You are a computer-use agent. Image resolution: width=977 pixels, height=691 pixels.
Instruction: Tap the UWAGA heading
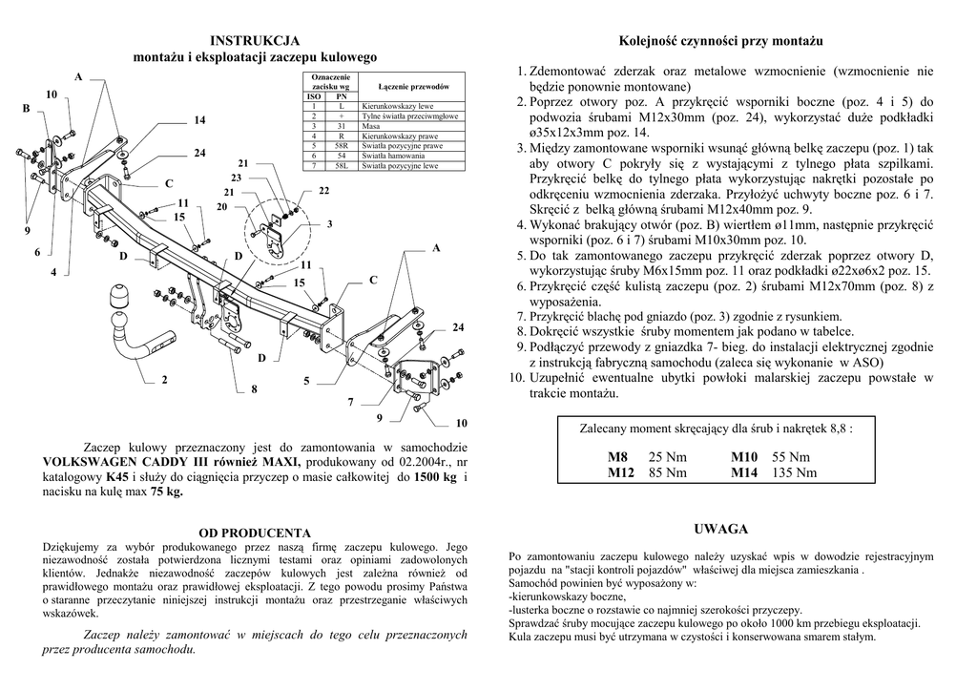[721, 529]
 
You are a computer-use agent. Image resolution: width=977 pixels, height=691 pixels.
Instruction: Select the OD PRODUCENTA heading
[255, 533]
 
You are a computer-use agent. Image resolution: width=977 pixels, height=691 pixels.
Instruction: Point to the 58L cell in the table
[341, 166]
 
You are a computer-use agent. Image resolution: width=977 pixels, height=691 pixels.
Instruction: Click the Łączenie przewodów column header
[413, 87]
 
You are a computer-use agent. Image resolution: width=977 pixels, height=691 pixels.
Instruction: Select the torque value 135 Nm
[795, 472]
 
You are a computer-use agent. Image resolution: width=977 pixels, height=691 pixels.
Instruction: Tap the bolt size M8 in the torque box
[618, 457]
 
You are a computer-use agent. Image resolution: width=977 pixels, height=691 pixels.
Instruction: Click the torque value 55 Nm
[791, 457]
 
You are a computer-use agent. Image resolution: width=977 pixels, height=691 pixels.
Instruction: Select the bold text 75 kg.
[166, 492]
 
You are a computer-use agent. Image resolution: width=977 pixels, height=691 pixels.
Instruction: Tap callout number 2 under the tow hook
[164, 380]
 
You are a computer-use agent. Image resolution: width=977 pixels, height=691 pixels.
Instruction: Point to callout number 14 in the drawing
[199, 120]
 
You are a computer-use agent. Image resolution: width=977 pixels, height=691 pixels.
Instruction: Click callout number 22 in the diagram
[323, 191]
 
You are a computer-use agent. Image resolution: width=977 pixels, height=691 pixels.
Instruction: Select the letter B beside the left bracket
[27, 110]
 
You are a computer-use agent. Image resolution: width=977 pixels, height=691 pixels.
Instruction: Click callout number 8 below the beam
[254, 389]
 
